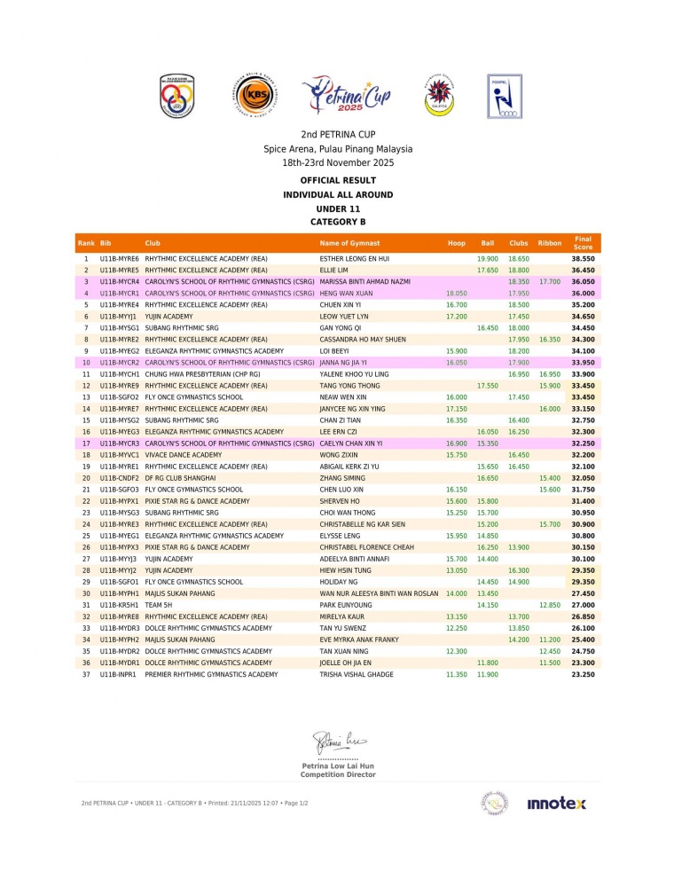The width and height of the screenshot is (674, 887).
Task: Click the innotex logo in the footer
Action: [x=556, y=804]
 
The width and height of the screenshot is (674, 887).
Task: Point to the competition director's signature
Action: [x=337, y=741]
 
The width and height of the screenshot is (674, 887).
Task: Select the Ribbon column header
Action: [x=550, y=243]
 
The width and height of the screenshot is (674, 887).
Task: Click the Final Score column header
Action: [x=583, y=242]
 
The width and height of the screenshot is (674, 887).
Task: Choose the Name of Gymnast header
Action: [x=349, y=243]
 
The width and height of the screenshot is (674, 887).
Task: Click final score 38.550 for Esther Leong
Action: [x=583, y=258]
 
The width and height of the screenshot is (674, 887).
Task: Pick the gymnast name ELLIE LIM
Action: [x=334, y=270]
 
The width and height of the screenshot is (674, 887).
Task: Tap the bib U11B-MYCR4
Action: [x=120, y=281]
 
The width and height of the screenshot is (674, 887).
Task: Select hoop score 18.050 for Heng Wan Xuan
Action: [x=455, y=293]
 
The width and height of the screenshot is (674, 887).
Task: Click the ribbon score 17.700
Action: [x=550, y=281]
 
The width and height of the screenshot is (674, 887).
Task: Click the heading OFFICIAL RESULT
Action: [x=337, y=180]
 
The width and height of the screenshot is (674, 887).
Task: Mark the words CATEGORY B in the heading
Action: [x=337, y=222]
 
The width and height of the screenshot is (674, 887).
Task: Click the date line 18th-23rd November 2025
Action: [x=337, y=163]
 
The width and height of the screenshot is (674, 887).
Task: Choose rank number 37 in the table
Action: [x=86, y=674]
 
